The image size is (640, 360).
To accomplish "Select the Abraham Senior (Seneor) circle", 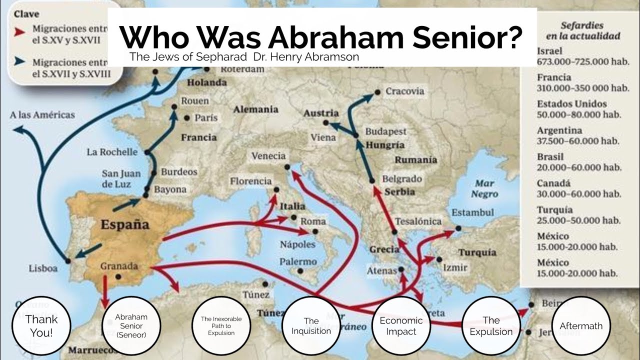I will [131, 325].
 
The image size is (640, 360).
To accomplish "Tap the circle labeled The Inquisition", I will [311, 325].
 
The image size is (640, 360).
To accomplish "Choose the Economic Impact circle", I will [401, 325].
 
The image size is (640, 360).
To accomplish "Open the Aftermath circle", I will [581, 325].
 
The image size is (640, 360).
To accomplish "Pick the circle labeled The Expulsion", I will [491, 325].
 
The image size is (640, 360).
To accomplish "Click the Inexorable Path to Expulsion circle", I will [221, 325].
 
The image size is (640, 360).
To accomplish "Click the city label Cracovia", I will [405, 91].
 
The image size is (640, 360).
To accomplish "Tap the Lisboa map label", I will [43, 268].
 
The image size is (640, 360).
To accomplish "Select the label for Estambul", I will [472, 212].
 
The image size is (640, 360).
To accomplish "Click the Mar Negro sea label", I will [484, 188].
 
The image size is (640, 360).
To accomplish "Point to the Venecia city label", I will [268, 155].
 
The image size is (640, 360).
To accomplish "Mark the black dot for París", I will [187, 118].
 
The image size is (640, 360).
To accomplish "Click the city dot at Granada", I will [118, 276].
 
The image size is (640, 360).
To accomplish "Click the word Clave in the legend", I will [26, 14].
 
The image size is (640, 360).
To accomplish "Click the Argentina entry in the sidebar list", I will [559, 130].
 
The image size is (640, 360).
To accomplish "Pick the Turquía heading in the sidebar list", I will [554, 209].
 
